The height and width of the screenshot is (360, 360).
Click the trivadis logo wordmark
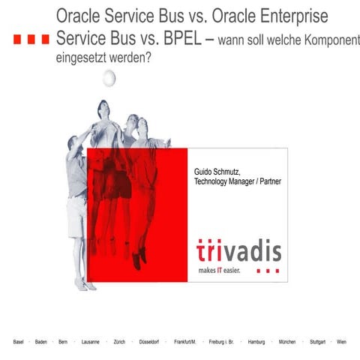pyautogui.click(x=238, y=250)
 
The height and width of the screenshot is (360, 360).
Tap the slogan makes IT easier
pyautogui.click(x=220, y=270)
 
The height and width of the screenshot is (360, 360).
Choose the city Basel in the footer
pyautogui.click(x=19, y=342)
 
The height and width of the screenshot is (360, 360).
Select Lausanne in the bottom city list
pyautogui.click(x=90, y=342)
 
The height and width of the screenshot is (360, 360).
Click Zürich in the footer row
pyautogui.click(x=119, y=342)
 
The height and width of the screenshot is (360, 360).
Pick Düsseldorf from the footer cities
pyautogui.click(x=151, y=342)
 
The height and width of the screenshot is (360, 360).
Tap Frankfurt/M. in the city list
pyautogui.click(x=185, y=342)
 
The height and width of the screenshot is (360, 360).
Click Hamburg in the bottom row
pyautogui.click(x=256, y=342)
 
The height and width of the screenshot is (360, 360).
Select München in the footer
pyautogui.click(x=287, y=342)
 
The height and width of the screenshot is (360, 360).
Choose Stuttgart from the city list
pyautogui.click(x=318, y=342)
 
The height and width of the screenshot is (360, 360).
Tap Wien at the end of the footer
pyautogui.click(x=342, y=342)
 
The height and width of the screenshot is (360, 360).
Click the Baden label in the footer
pyautogui.click(x=41, y=342)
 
